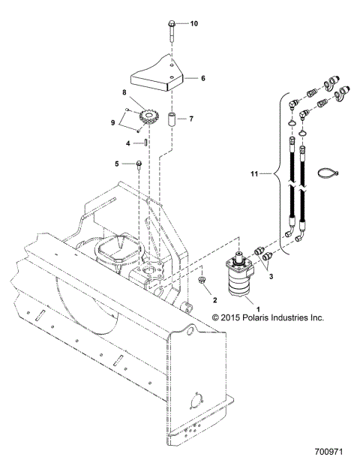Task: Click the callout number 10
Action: tap(193, 24)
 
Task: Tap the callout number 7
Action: tap(191, 119)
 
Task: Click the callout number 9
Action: tap(115, 122)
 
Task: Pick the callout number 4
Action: tap(128, 143)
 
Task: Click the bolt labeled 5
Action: tap(140, 164)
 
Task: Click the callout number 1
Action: tap(238, 308)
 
